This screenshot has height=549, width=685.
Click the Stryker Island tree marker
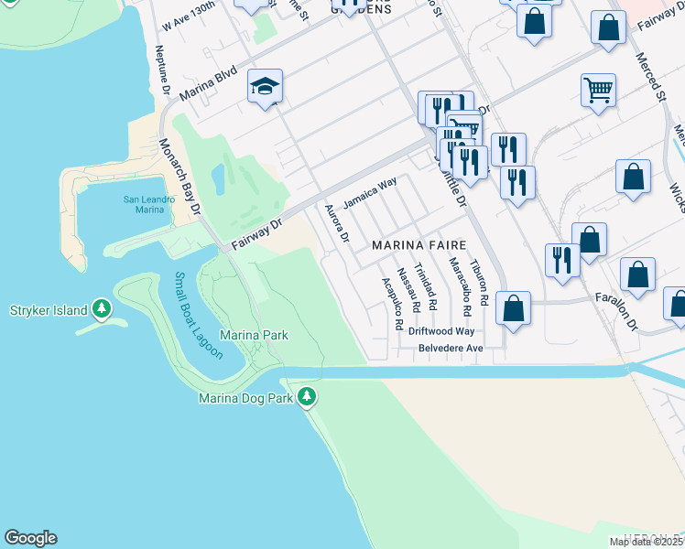tap(102, 310)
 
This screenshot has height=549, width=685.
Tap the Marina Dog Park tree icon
tap(308, 397)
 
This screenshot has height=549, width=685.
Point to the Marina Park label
tap(255, 336)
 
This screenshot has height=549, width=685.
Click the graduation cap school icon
tap(266, 87)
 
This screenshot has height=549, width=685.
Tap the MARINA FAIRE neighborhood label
tap(419, 245)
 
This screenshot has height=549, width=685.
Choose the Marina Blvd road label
tap(208, 83)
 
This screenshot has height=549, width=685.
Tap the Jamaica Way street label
tap(370, 192)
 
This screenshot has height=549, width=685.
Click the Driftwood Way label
tap(441, 331)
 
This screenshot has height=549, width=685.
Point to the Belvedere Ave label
tap(450, 349)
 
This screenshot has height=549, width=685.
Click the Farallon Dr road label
tap(626, 313)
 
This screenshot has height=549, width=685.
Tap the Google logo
tap(30, 538)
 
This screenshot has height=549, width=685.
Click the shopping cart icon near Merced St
tap(598, 91)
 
